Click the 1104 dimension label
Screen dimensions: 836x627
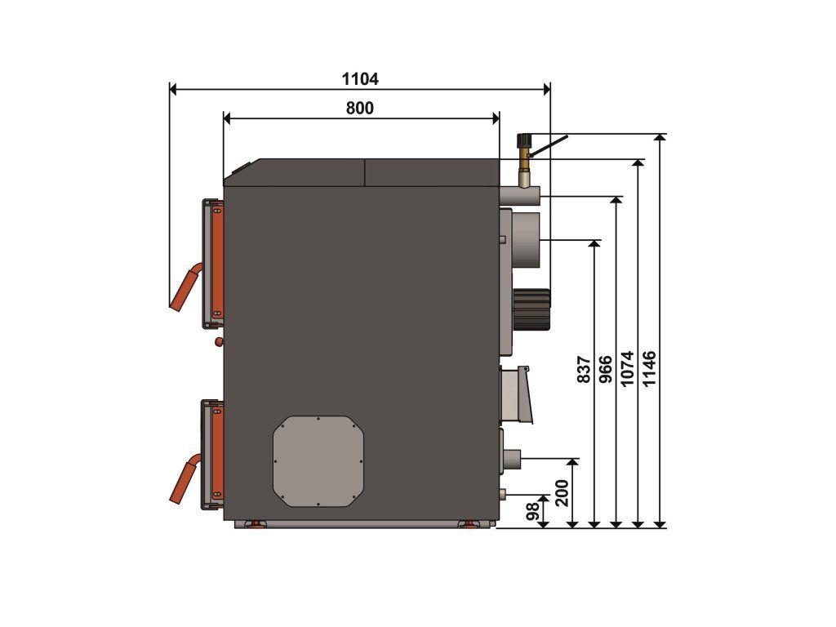click(360, 79)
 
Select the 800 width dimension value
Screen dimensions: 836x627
click(360, 109)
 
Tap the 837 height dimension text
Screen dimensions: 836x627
click(585, 370)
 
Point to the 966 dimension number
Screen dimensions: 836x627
click(607, 370)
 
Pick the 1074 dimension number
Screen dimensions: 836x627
click(628, 368)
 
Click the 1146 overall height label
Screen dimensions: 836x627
click(649, 368)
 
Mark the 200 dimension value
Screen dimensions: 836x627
click(562, 493)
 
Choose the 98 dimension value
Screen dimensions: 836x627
click(532, 511)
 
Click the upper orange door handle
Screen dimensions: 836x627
click(185, 287)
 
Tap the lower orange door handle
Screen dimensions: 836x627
click(185, 478)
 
